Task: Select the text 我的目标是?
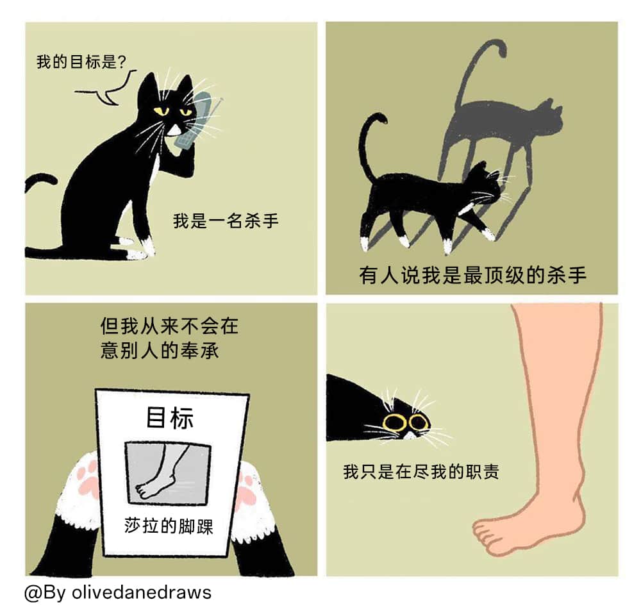(x=81, y=62)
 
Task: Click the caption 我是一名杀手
(x=226, y=221)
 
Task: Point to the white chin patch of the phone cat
(x=174, y=130)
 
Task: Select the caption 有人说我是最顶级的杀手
(x=473, y=274)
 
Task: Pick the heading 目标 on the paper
(x=170, y=417)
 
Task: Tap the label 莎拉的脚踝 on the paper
(x=169, y=526)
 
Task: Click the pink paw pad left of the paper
(x=88, y=476)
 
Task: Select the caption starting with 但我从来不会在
(x=169, y=338)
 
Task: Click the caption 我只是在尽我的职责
(x=421, y=472)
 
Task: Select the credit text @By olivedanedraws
(x=118, y=592)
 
